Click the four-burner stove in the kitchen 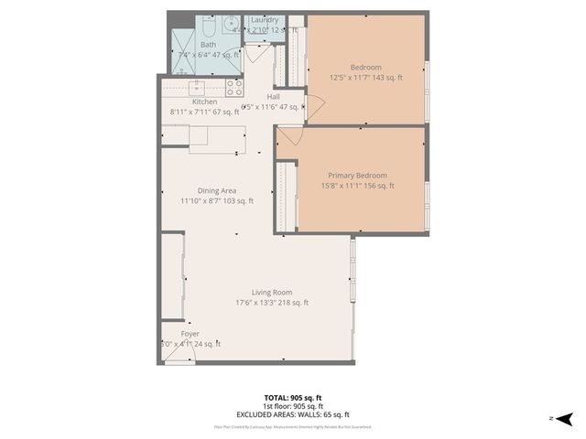pos(234,88)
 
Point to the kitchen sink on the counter pos(196,88)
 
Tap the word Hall pos(273,96)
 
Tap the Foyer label pos(190,334)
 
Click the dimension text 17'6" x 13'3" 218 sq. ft pos(272,303)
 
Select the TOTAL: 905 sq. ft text pos(293,398)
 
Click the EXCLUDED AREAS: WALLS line pos(293,414)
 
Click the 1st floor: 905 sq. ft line pos(293,406)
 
